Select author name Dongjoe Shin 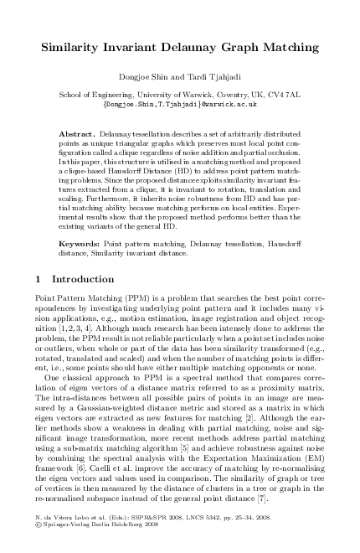tap(144, 79)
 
